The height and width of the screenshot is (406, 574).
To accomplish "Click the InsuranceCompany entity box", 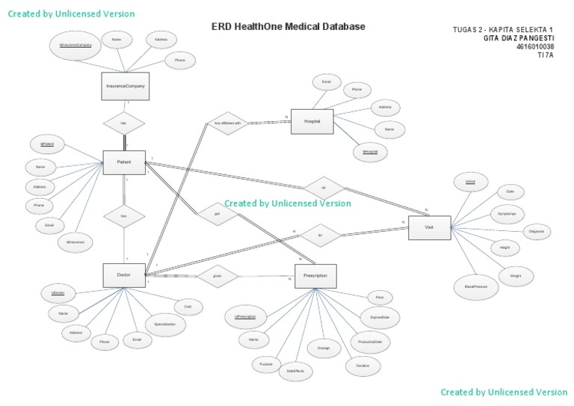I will click(x=125, y=86).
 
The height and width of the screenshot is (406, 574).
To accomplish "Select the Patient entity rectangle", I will click(x=123, y=162).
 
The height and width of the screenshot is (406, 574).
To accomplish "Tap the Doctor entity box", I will click(x=123, y=274).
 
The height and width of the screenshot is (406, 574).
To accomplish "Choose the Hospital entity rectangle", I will click(x=312, y=121).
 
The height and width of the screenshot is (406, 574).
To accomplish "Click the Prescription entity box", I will click(x=315, y=276).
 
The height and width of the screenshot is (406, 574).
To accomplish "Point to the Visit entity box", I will click(x=429, y=227).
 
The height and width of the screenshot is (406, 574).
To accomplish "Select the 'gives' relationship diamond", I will click(x=217, y=276).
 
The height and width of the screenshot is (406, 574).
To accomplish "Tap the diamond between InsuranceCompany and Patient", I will click(x=123, y=122).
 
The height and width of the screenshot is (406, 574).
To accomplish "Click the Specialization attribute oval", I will click(x=165, y=325).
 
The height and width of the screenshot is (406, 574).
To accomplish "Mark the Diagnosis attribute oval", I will click(x=537, y=233).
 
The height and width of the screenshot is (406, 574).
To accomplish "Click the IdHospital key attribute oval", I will click(x=369, y=152).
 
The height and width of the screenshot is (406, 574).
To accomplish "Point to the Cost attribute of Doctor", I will click(x=188, y=307).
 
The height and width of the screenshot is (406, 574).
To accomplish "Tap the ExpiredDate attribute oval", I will click(x=380, y=317).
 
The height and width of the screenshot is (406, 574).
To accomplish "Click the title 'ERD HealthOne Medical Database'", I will click(x=288, y=27).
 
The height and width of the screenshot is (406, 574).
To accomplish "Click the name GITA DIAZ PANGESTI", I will click(x=520, y=38).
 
